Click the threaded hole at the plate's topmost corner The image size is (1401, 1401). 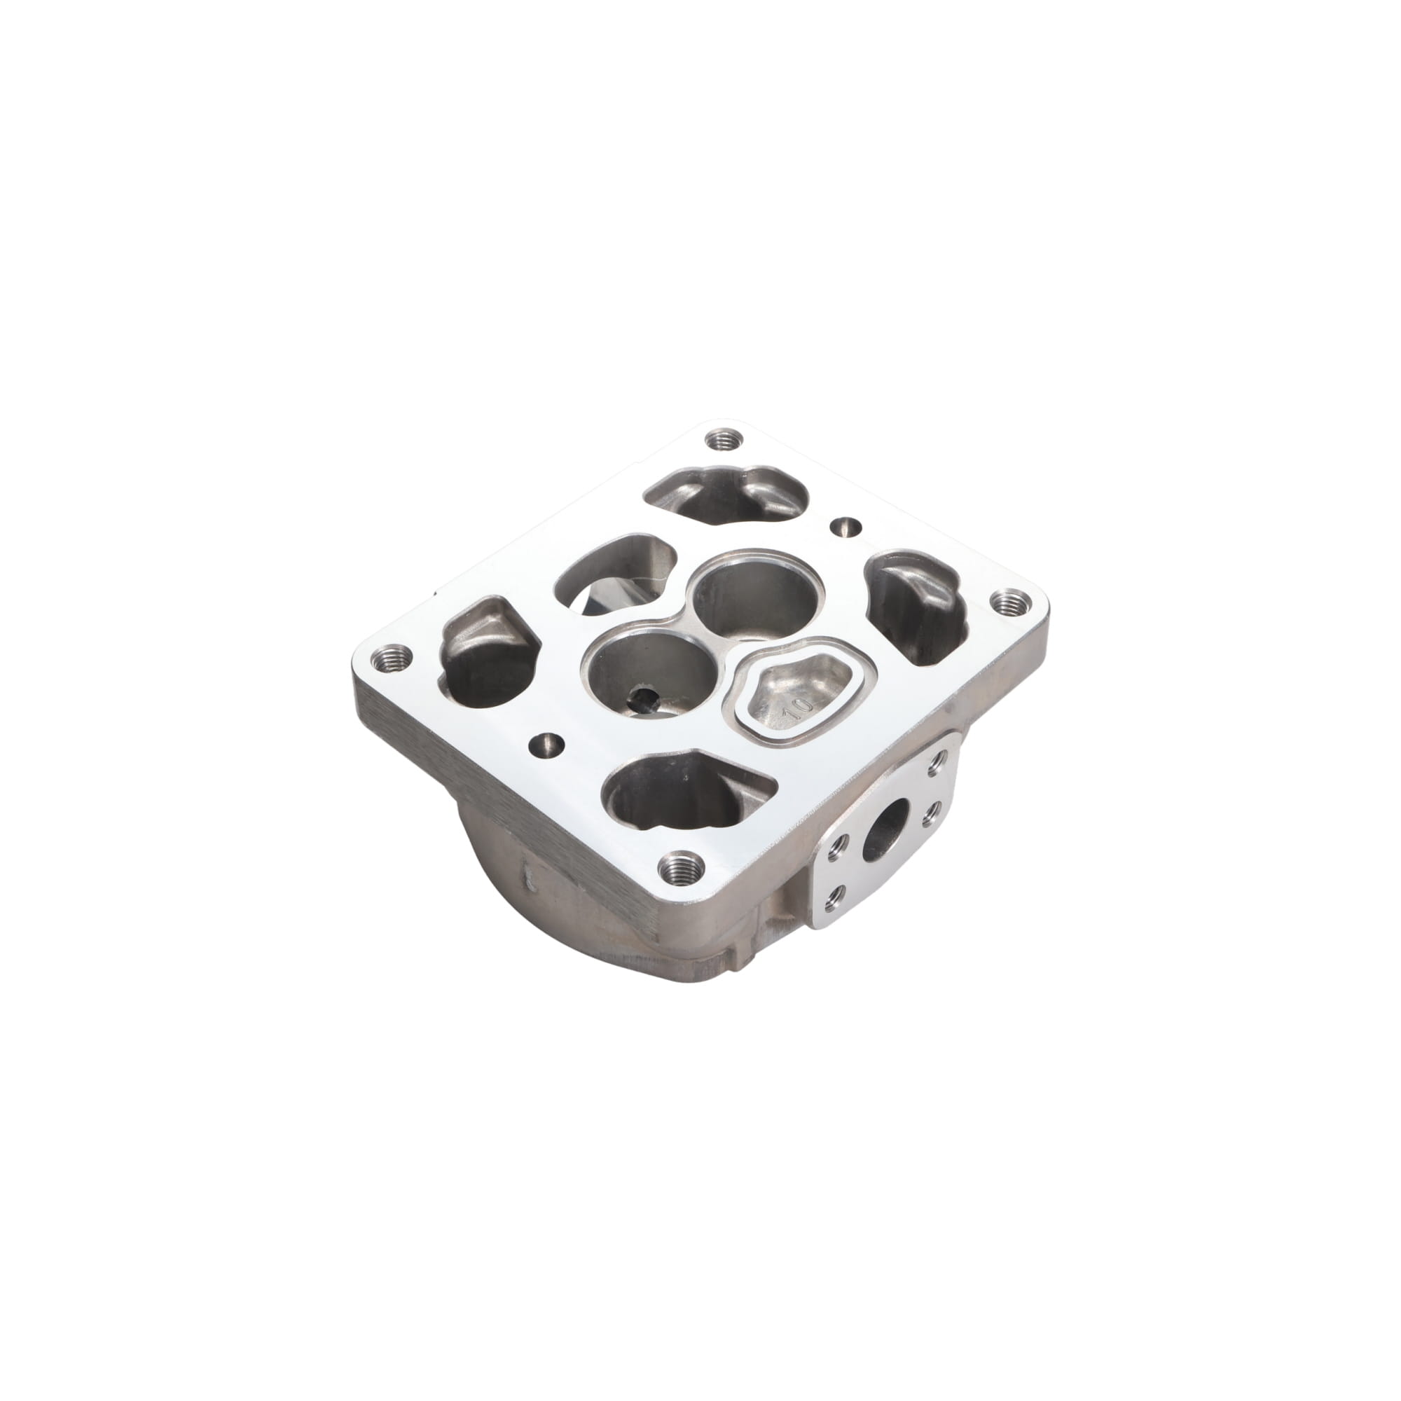[x=721, y=439]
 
